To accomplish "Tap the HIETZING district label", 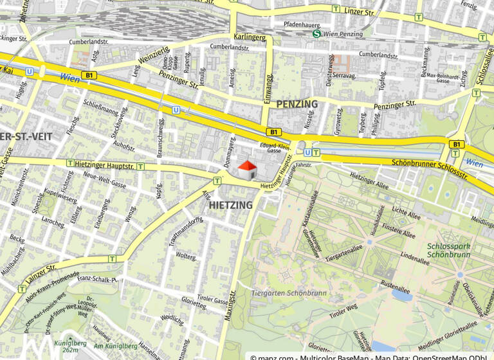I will pyautogui.click(x=231, y=205).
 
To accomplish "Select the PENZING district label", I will pyautogui.click(x=297, y=104).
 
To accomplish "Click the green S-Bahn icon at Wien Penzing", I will pyautogui.click(x=316, y=34).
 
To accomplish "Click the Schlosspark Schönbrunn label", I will pyautogui.click(x=448, y=250).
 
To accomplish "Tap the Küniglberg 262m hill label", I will pyautogui.click(x=66, y=346).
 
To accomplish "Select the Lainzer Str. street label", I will pyautogui.click(x=42, y=274).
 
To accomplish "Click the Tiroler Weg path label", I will pyautogui.click(x=342, y=311).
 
